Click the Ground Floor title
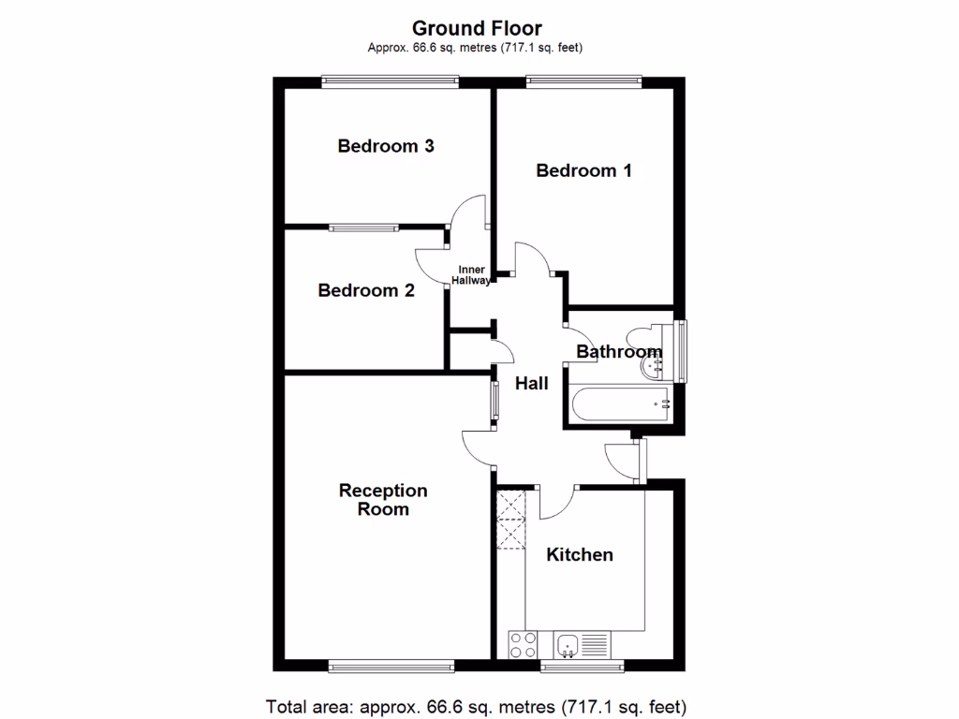coord(478,29)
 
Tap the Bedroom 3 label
coord(386,146)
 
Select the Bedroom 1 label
coord(583,170)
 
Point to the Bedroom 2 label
coord(366,290)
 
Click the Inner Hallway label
coord(470,275)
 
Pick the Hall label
coord(532,383)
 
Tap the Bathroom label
coord(618,352)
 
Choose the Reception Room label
coord(383,500)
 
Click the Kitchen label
coord(580,554)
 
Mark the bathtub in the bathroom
coord(618,404)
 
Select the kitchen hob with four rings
coord(524,644)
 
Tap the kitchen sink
coord(568,644)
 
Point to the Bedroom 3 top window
coord(390,82)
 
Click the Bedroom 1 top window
coord(583,82)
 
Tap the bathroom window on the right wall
coord(682,352)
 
